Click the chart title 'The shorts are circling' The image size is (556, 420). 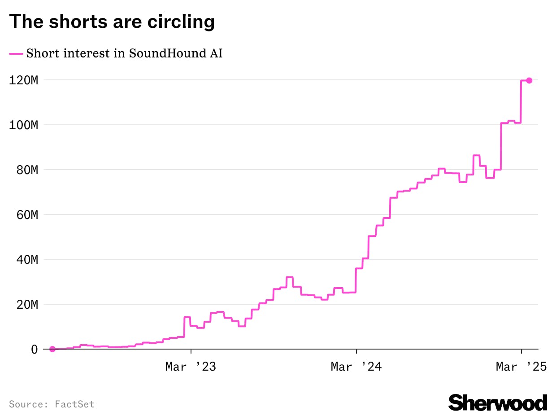tap(112, 22)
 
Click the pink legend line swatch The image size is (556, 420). tap(16, 53)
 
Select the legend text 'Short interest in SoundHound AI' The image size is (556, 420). tap(124, 53)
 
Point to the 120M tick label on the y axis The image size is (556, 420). tap(23, 80)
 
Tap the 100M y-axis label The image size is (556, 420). tap(23, 125)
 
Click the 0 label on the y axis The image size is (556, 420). tap(34, 349)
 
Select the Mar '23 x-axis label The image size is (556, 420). tap(191, 367)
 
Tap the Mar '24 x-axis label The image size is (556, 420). tap(356, 367)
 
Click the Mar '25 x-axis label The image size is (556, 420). tap(521, 367)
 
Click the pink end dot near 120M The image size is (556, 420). tap(529, 80)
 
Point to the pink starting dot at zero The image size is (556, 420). tap(52, 349)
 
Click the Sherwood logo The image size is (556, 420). tap(498, 402)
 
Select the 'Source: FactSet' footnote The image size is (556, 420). tap(52, 404)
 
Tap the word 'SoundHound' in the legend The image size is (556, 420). tap(156, 53)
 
